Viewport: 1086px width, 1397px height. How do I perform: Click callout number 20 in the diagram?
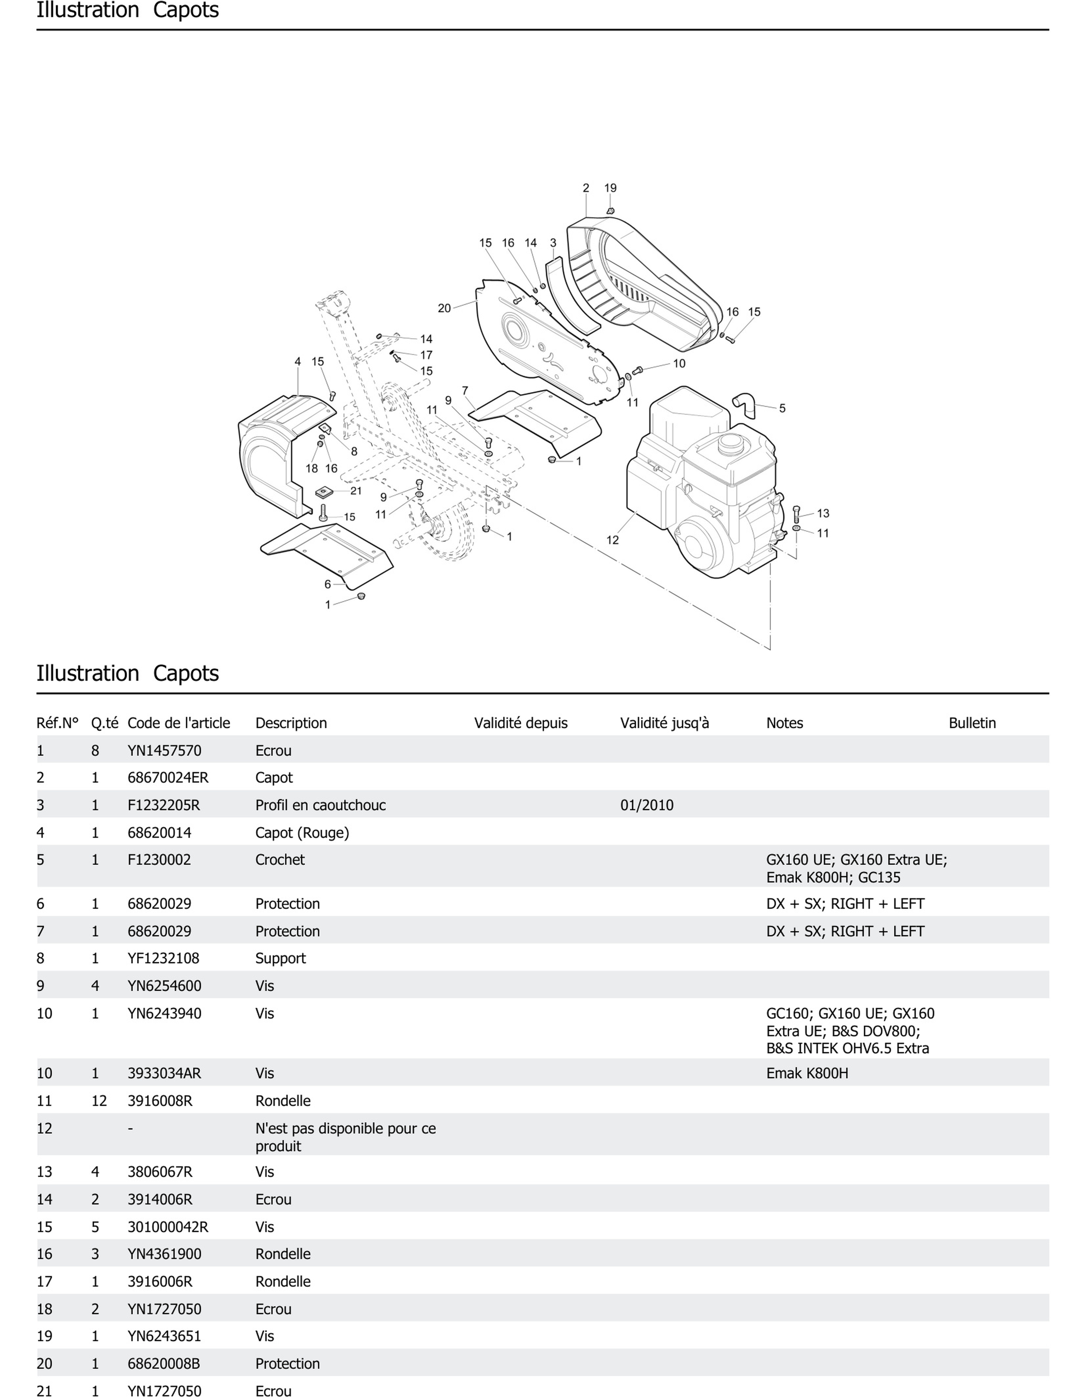[x=444, y=308]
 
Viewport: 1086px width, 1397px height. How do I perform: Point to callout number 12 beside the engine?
[x=612, y=540]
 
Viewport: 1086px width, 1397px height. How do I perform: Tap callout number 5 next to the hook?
[x=781, y=408]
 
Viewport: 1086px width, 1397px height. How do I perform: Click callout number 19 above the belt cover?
[x=610, y=188]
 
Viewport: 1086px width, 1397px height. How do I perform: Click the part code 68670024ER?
[x=168, y=778]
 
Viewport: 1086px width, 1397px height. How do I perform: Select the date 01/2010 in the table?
[x=646, y=805]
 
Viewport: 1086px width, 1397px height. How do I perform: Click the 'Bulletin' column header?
[x=971, y=723]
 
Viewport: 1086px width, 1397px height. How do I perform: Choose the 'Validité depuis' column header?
[x=521, y=723]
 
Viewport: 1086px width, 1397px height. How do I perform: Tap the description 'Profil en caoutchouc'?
[x=320, y=805]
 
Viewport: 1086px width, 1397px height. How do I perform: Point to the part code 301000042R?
[x=168, y=1227]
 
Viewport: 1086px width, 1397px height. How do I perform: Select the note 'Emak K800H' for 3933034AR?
[x=807, y=1073]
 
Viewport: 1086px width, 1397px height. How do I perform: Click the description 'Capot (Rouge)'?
[x=302, y=833]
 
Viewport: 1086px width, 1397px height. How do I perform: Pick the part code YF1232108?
[x=163, y=958]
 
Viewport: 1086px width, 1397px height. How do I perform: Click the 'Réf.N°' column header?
[x=57, y=723]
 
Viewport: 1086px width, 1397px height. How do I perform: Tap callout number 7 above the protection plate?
[x=465, y=390]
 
